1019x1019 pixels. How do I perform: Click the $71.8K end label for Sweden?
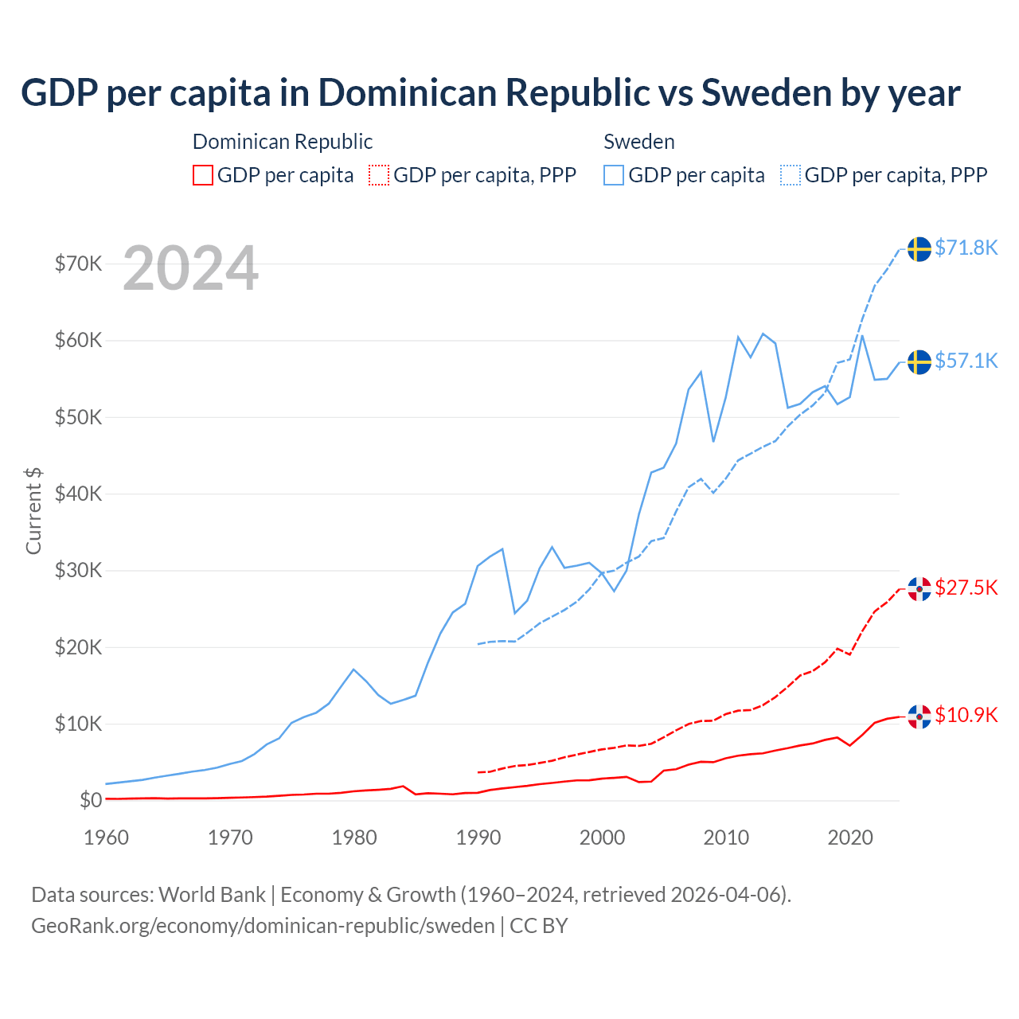pyautogui.click(x=966, y=248)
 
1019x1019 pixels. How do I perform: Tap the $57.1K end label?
pyautogui.click(x=966, y=361)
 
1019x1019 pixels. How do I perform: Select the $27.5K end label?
pyautogui.click(x=966, y=588)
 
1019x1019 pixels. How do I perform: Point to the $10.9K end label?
pyautogui.click(x=966, y=715)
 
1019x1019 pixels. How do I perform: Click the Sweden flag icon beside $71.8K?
pyautogui.click(x=919, y=248)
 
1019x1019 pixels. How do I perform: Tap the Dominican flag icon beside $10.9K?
pyautogui.click(x=919, y=716)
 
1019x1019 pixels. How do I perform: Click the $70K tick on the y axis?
pyautogui.click(x=78, y=264)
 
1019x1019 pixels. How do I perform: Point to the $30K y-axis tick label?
pyautogui.click(x=78, y=570)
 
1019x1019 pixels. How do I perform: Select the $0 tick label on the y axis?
pyautogui.click(x=90, y=800)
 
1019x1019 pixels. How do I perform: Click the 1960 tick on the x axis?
pyautogui.click(x=106, y=837)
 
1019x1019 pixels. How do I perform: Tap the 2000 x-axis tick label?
pyautogui.click(x=602, y=837)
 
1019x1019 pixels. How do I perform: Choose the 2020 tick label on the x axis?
pyautogui.click(x=850, y=837)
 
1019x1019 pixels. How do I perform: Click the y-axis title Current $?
pyautogui.click(x=33, y=510)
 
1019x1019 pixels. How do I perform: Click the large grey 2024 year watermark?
pyautogui.click(x=190, y=268)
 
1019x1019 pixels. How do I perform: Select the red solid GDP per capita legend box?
pyautogui.click(x=203, y=175)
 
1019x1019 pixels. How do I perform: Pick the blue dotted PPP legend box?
pyautogui.click(x=791, y=175)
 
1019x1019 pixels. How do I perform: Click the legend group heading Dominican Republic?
pyautogui.click(x=283, y=142)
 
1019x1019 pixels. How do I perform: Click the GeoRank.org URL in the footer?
pyautogui.click(x=263, y=926)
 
